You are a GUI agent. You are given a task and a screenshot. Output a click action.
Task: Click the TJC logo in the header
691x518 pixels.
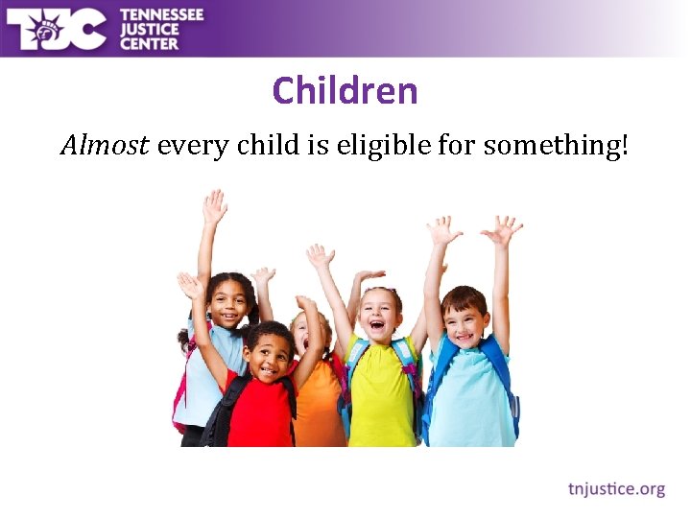pos(56,29)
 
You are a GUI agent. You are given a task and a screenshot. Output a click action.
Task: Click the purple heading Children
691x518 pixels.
pos(345,91)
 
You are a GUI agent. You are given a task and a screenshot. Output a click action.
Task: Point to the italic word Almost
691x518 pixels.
pos(105,146)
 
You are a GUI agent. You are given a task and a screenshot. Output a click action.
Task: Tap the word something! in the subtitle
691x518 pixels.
pos(556,147)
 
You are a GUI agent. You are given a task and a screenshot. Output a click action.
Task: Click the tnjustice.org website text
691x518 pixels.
pos(616,489)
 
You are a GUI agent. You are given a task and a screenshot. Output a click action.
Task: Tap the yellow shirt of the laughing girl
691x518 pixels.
pos(380,393)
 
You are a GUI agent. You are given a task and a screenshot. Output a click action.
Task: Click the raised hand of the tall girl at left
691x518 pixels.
pos(214,206)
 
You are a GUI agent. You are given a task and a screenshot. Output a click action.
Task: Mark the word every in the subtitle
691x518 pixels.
pos(188,147)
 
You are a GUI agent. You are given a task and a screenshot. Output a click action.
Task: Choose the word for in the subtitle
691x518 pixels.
pos(455,146)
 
